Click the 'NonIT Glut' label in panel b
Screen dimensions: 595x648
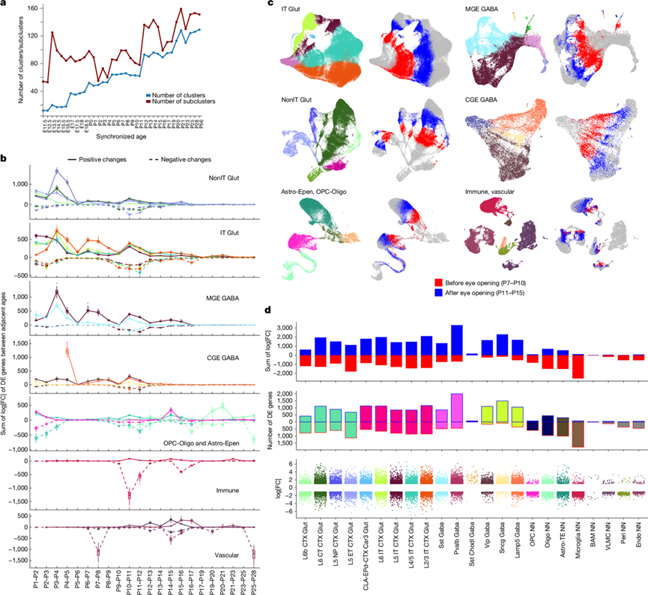228,177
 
